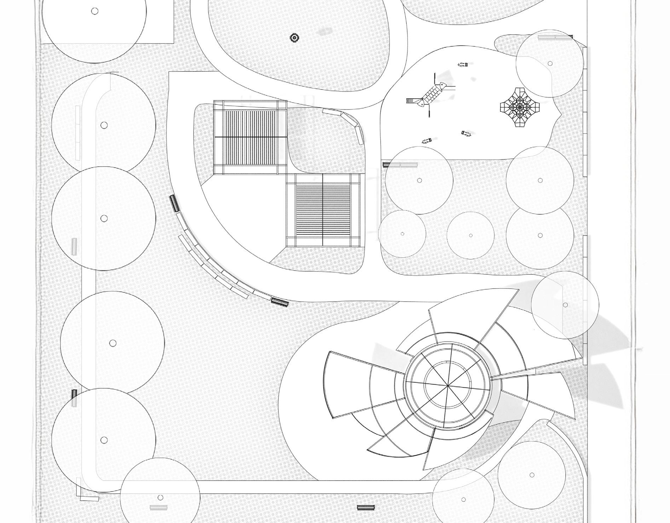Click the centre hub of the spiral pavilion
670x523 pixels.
[x=448, y=385]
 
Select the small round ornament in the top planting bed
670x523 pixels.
[x=294, y=37]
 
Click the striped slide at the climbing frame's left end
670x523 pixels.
[x=411, y=101]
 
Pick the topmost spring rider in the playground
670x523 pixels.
[x=463, y=64]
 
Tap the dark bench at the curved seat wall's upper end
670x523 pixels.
[x=174, y=203]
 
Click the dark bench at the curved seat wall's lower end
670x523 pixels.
[x=280, y=302]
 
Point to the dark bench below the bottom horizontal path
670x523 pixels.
[x=365, y=507]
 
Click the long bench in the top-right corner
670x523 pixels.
[x=555, y=37]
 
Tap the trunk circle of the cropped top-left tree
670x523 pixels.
[x=94, y=11]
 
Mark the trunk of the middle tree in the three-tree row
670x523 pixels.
[x=470, y=235]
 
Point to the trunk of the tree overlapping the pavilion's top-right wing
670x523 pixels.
[x=565, y=305]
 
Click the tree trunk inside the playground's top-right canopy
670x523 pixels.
[x=550, y=64]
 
